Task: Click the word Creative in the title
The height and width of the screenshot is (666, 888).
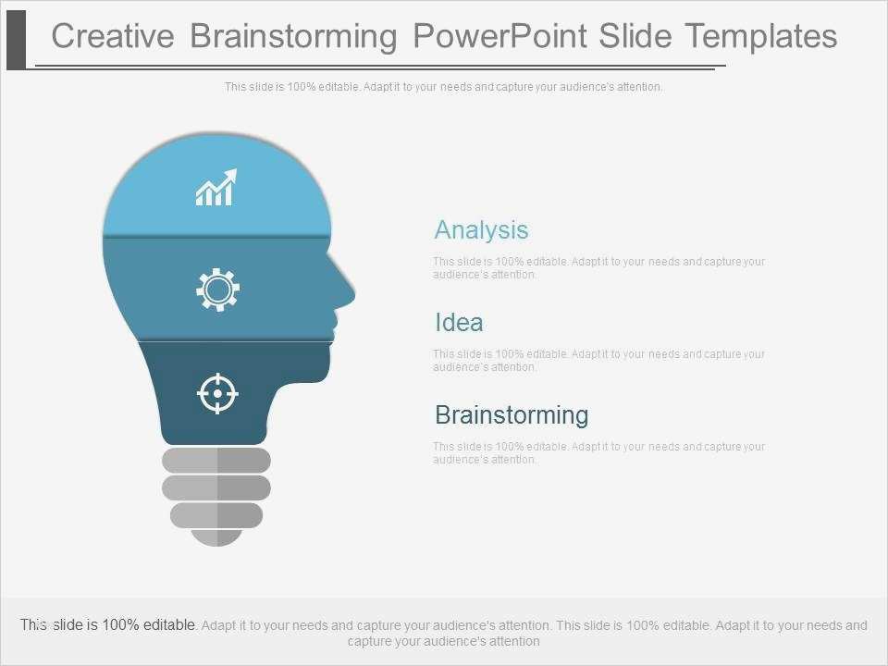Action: click(x=113, y=36)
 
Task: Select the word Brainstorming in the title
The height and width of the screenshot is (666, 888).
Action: click(x=293, y=36)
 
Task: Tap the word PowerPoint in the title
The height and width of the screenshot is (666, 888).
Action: click(x=499, y=36)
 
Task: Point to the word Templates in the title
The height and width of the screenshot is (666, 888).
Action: click(x=760, y=36)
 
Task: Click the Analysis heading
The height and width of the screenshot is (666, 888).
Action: click(x=481, y=229)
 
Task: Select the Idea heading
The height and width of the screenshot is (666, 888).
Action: click(x=459, y=323)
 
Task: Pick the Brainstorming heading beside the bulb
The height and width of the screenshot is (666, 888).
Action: click(x=512, y=414)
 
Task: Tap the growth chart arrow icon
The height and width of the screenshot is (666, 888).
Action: click(x=216, y=187)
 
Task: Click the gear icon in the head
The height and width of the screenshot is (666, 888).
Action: click(x=217, y=290)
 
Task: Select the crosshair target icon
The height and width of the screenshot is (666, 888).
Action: click(x=217, y=393)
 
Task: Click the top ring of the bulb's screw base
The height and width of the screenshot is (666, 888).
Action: click(x=216, y=460)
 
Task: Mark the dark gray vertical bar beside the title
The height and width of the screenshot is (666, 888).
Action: click(x=16, y=35)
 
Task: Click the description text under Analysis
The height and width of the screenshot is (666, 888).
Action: click(x=598, y=267)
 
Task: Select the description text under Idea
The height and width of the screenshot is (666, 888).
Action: click(x=598, y=360)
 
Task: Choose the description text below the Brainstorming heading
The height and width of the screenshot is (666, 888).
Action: click(x=598, y=452)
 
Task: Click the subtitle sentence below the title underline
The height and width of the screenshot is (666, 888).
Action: click(x=443, y=87)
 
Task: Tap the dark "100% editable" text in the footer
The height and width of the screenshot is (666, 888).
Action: click(x=148, y=625)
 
